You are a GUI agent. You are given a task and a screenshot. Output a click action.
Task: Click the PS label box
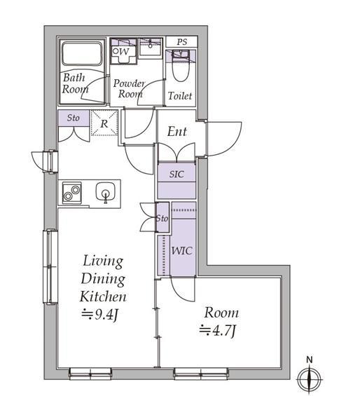[x=181, y=41]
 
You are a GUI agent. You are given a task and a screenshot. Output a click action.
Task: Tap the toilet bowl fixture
[x=181, y=68]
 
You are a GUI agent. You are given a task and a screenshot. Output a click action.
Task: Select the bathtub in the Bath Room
[x=82, y=54]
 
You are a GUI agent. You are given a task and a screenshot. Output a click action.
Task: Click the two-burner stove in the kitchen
[x=72, y=193]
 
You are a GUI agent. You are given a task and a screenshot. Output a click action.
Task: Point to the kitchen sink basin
[x=106, y=192]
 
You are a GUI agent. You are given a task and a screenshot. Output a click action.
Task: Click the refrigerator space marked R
[x=104, y=123]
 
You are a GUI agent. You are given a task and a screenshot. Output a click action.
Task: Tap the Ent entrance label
[x=177, y=132]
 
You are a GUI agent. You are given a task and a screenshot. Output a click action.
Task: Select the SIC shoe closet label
[x=176, y=174]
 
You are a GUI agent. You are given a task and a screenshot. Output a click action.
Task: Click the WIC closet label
[x=182, y=250]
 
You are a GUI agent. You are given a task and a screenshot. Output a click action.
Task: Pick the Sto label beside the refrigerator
[x=74, y=118]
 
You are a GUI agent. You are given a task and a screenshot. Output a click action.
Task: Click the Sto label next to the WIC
[x=162, y=218]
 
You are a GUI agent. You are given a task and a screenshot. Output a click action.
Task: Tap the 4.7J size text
[x=218, y=331]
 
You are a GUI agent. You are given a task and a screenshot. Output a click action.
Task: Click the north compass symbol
[x=310, y=377]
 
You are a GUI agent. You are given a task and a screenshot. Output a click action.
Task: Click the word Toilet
[x=180, y=96]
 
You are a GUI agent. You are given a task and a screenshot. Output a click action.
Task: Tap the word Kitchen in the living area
[x=103, y=296]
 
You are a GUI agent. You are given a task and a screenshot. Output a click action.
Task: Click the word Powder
[x=129, y=83]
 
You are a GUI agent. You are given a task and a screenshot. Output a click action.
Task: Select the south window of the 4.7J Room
[x=201, y=373]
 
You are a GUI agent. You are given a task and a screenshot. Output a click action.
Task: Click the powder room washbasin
[x=151, y=47]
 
